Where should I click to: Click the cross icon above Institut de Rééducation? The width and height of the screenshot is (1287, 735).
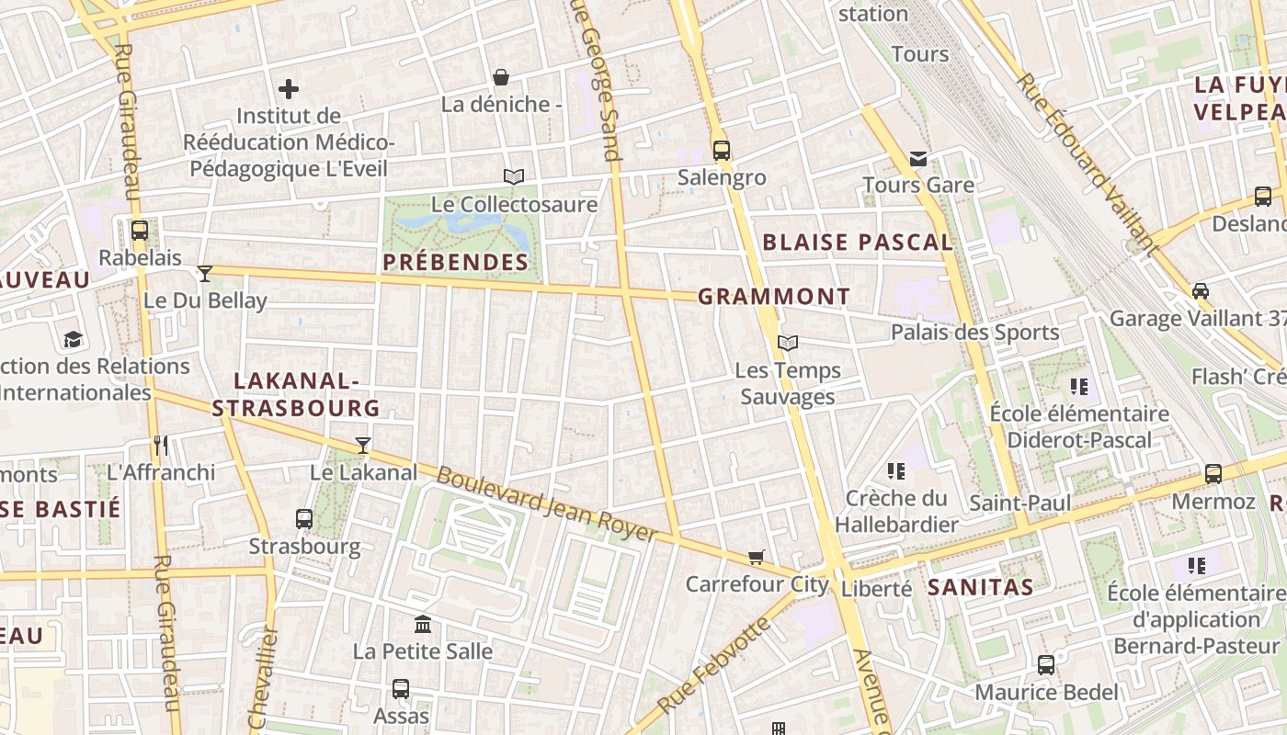[x=289, y=89]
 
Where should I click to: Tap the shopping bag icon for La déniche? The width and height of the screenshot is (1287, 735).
[x=501, y=76]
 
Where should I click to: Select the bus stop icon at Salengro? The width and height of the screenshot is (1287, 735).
[x=722, y=150]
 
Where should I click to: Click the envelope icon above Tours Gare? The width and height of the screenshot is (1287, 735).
[x=917, y=159]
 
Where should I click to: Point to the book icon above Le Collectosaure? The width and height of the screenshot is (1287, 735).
[x=513, y=176]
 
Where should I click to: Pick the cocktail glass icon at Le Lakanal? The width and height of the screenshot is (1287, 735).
[x=363, y=446]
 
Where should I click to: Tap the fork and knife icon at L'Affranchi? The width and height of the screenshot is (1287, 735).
[x=161, y=446]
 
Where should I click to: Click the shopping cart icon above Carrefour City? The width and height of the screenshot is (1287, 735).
[x=757, y=557]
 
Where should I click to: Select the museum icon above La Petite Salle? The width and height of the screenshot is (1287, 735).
[x=423, y=625]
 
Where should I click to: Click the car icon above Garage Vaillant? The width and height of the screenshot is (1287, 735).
[x=1200, y=291]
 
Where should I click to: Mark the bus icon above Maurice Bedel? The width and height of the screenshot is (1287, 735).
[x=1046, y=665]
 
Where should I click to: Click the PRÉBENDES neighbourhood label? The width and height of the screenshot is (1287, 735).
[x=456, y=262]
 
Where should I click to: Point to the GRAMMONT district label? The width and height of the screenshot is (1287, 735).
[x=774, y=297]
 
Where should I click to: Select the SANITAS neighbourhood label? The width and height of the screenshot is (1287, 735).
[x=981, y=586]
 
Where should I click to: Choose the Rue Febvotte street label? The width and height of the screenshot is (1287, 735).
[x=713, y=667]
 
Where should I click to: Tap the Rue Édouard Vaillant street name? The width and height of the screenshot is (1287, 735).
[x=1086, y=163]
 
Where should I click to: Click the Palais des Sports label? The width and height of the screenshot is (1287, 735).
[x=974, y=333]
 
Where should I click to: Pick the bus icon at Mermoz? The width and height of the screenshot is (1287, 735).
[x=1213, y=474]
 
